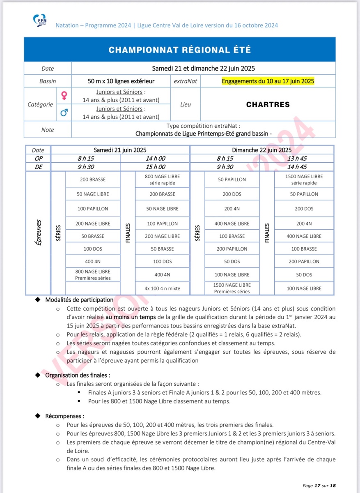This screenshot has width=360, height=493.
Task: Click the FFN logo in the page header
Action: pos(40,20)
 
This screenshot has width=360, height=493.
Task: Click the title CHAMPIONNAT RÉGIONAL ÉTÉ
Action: pos(180,50)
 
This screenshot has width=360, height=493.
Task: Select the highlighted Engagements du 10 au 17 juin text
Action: pos(268,81)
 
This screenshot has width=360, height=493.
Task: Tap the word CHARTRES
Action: pos(268,104)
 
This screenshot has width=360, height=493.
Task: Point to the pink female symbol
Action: pos(64,96)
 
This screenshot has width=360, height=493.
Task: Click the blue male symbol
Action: pos(64,112)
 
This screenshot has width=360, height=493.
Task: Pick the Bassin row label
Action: pos(48,81)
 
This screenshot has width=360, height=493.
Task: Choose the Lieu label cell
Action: pos(186,104)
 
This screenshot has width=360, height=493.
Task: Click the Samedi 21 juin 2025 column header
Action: pos(120,150)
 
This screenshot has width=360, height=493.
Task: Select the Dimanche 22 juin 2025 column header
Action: pos(262,150)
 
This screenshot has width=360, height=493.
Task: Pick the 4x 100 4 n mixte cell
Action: pos(162,288)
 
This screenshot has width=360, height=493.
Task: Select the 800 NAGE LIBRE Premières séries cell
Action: pos(93,275)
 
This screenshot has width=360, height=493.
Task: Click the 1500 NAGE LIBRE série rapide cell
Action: pos(304,180)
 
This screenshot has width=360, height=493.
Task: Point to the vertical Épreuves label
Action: pos(38,233)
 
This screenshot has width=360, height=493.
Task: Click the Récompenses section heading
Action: pos(64,416)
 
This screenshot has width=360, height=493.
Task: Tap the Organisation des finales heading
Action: pos(77,375)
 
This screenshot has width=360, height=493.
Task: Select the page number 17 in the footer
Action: pos(317,486)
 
